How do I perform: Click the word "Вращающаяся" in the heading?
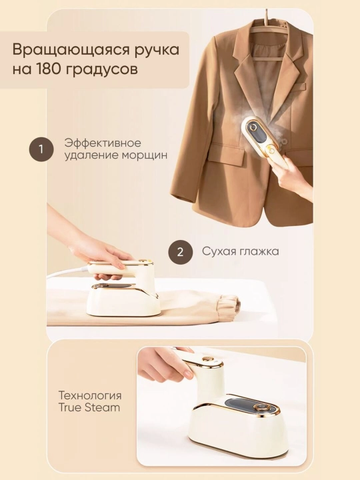pos(74,50)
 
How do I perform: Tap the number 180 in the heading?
pos(48,69)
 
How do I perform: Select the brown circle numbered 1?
pos(41,149)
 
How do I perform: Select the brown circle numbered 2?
pos(180,252)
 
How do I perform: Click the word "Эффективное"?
pos(103,143)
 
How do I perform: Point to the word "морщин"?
pos(145,155)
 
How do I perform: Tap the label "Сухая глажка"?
pos(240,251)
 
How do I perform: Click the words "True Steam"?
pos(89,408)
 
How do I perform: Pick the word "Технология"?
pos(90,395)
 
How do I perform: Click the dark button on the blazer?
pos(285,141)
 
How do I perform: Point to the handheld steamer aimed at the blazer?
pos(262,138)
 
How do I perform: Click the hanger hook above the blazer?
pos(267,16)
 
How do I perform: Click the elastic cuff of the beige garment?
pos(228,307)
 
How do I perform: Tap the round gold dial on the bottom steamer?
pos(261,407)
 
